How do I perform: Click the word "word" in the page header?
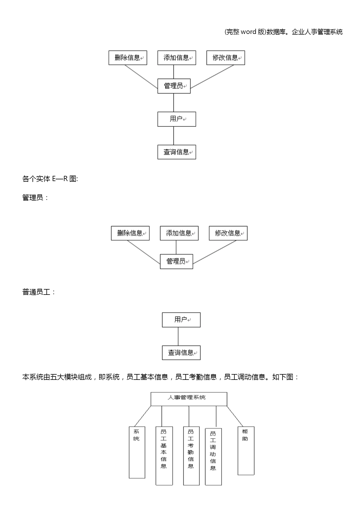(248, 32)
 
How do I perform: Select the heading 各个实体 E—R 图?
(50, 179)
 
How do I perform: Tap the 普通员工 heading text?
(36, 292)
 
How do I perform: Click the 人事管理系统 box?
(189, 399)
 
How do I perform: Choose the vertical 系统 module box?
(137, 452)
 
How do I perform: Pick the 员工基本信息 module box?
(164, 456)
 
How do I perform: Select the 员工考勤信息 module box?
(191, 456)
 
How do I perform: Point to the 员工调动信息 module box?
(214, 456)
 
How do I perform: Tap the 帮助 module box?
(246, 451)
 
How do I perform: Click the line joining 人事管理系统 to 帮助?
(235, 416)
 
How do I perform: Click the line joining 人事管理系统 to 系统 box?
(142, 416)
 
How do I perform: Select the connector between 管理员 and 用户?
(174, 103)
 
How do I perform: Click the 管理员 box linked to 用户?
(174, 86)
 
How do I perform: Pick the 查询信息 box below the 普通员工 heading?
(181, 353)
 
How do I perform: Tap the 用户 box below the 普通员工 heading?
(181, 320)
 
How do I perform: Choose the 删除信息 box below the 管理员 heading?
(130, 233)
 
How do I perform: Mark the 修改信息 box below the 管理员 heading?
(228, 233)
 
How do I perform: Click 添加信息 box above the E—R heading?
(177, 58)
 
